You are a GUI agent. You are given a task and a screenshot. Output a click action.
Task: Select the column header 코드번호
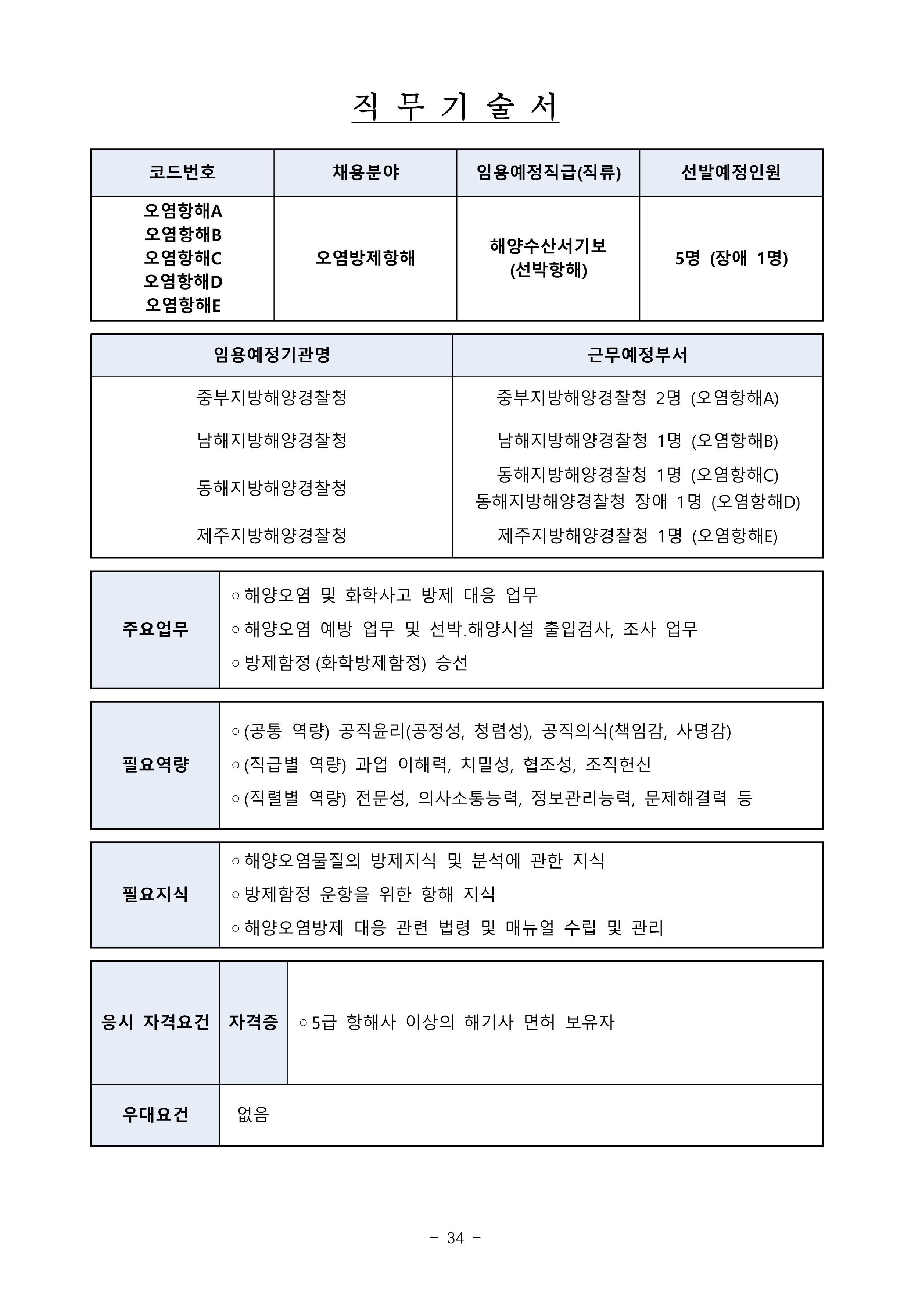click(x=182, y=173)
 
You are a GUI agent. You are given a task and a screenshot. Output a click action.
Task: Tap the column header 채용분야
click(x=365, y=173)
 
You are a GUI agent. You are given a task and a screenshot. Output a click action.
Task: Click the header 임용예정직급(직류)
click(x=548, y=173)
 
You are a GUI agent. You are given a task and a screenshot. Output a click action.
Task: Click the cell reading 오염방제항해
click(x=365, y=258)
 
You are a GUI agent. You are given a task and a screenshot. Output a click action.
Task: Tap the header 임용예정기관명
click(x=272, y=355)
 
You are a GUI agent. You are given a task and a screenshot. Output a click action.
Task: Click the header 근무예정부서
click(x=637, y=355)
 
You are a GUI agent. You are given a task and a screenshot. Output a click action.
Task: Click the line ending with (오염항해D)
click(x=637, y=501)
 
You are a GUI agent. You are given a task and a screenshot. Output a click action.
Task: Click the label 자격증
click(x=253, y=1022)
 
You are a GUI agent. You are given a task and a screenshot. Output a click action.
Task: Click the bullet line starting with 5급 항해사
click(x=457, y=1022)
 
